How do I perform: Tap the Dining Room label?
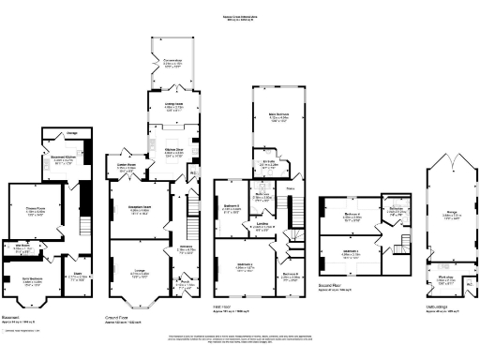[174, 104]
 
